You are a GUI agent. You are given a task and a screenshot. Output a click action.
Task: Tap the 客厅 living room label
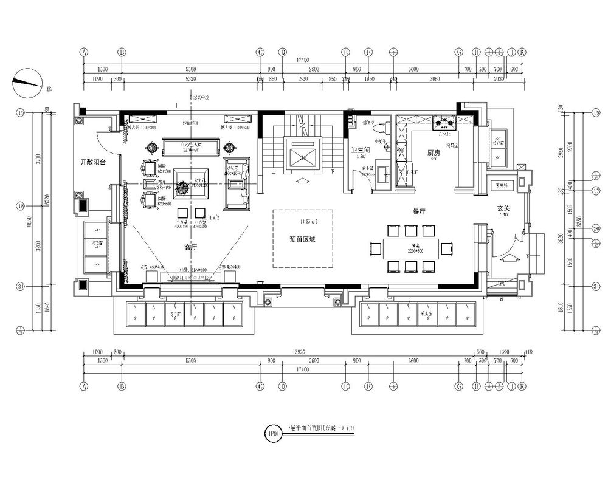click(190, 248)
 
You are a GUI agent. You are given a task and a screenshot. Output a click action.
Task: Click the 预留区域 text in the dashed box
click(302, 239)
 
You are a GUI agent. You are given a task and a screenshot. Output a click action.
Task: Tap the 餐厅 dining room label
click(420, 211)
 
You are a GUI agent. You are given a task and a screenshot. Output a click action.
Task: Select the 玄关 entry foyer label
click(502, 208)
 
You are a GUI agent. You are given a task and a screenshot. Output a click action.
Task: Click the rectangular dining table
click(412, 248)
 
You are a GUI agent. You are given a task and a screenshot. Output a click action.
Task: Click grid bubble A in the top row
click(84, 52)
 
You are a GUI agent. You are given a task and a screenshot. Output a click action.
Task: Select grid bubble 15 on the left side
click(20, 112)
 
